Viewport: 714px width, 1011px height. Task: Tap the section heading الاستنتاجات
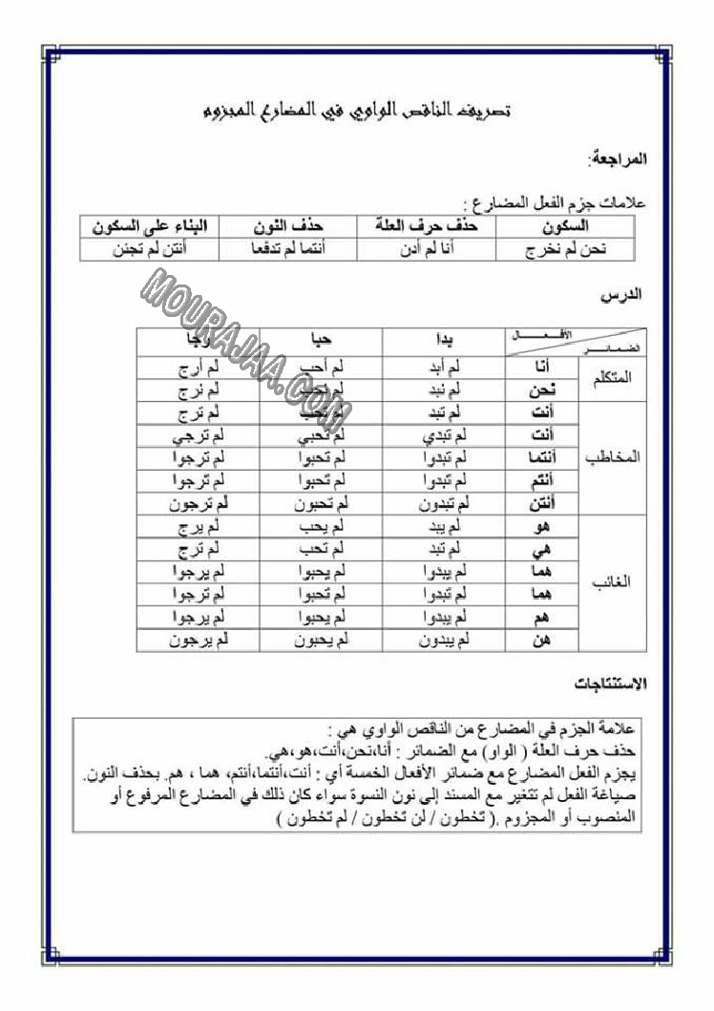click(x=611, y=684)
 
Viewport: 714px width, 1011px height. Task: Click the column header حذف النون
click(x=289, y=227)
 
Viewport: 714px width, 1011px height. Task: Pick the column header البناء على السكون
click(x=149, y=227)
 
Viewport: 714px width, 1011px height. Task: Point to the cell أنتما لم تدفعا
click(x=289, y=249)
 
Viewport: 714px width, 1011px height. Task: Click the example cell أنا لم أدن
click(x=428, y=249)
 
